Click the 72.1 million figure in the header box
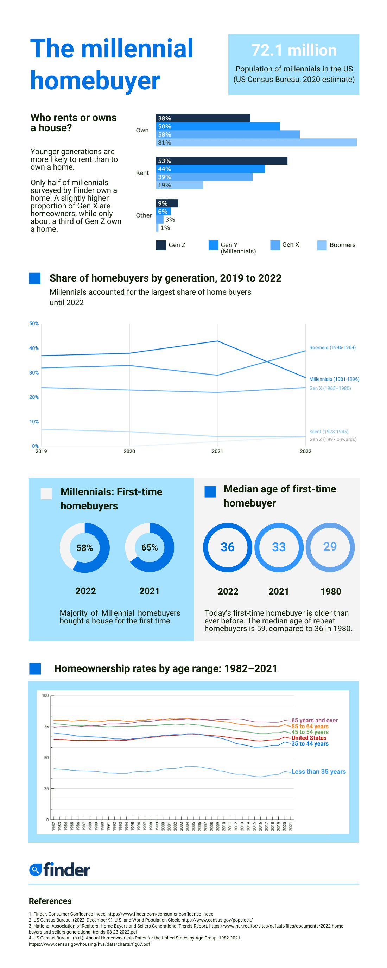(x=293, y=50)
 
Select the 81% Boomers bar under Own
(x=256, y=143)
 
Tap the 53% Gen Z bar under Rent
(x=221, y=161)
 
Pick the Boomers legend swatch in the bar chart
(x=322, y=245)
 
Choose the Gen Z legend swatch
(x=161, y=245)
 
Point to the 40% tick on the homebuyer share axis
(x=34, y=348)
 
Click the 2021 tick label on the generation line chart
(x=217, y=451)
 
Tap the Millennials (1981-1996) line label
(x=334, y=379)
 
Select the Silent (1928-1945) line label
(x=328, y=432)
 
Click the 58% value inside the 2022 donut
(x=84, y=547)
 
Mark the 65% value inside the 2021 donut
(x=149, y=547)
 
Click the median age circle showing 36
(x=227, y=547)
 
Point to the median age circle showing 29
(x=330, y=547)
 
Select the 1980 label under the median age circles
(x=330, y=591)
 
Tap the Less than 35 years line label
(x=318, y=772)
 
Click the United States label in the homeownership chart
(x=309, y=738)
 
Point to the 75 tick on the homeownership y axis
(x=46, y=727)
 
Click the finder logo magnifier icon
(x=35, y=869)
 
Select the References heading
(x=50, y=901)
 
